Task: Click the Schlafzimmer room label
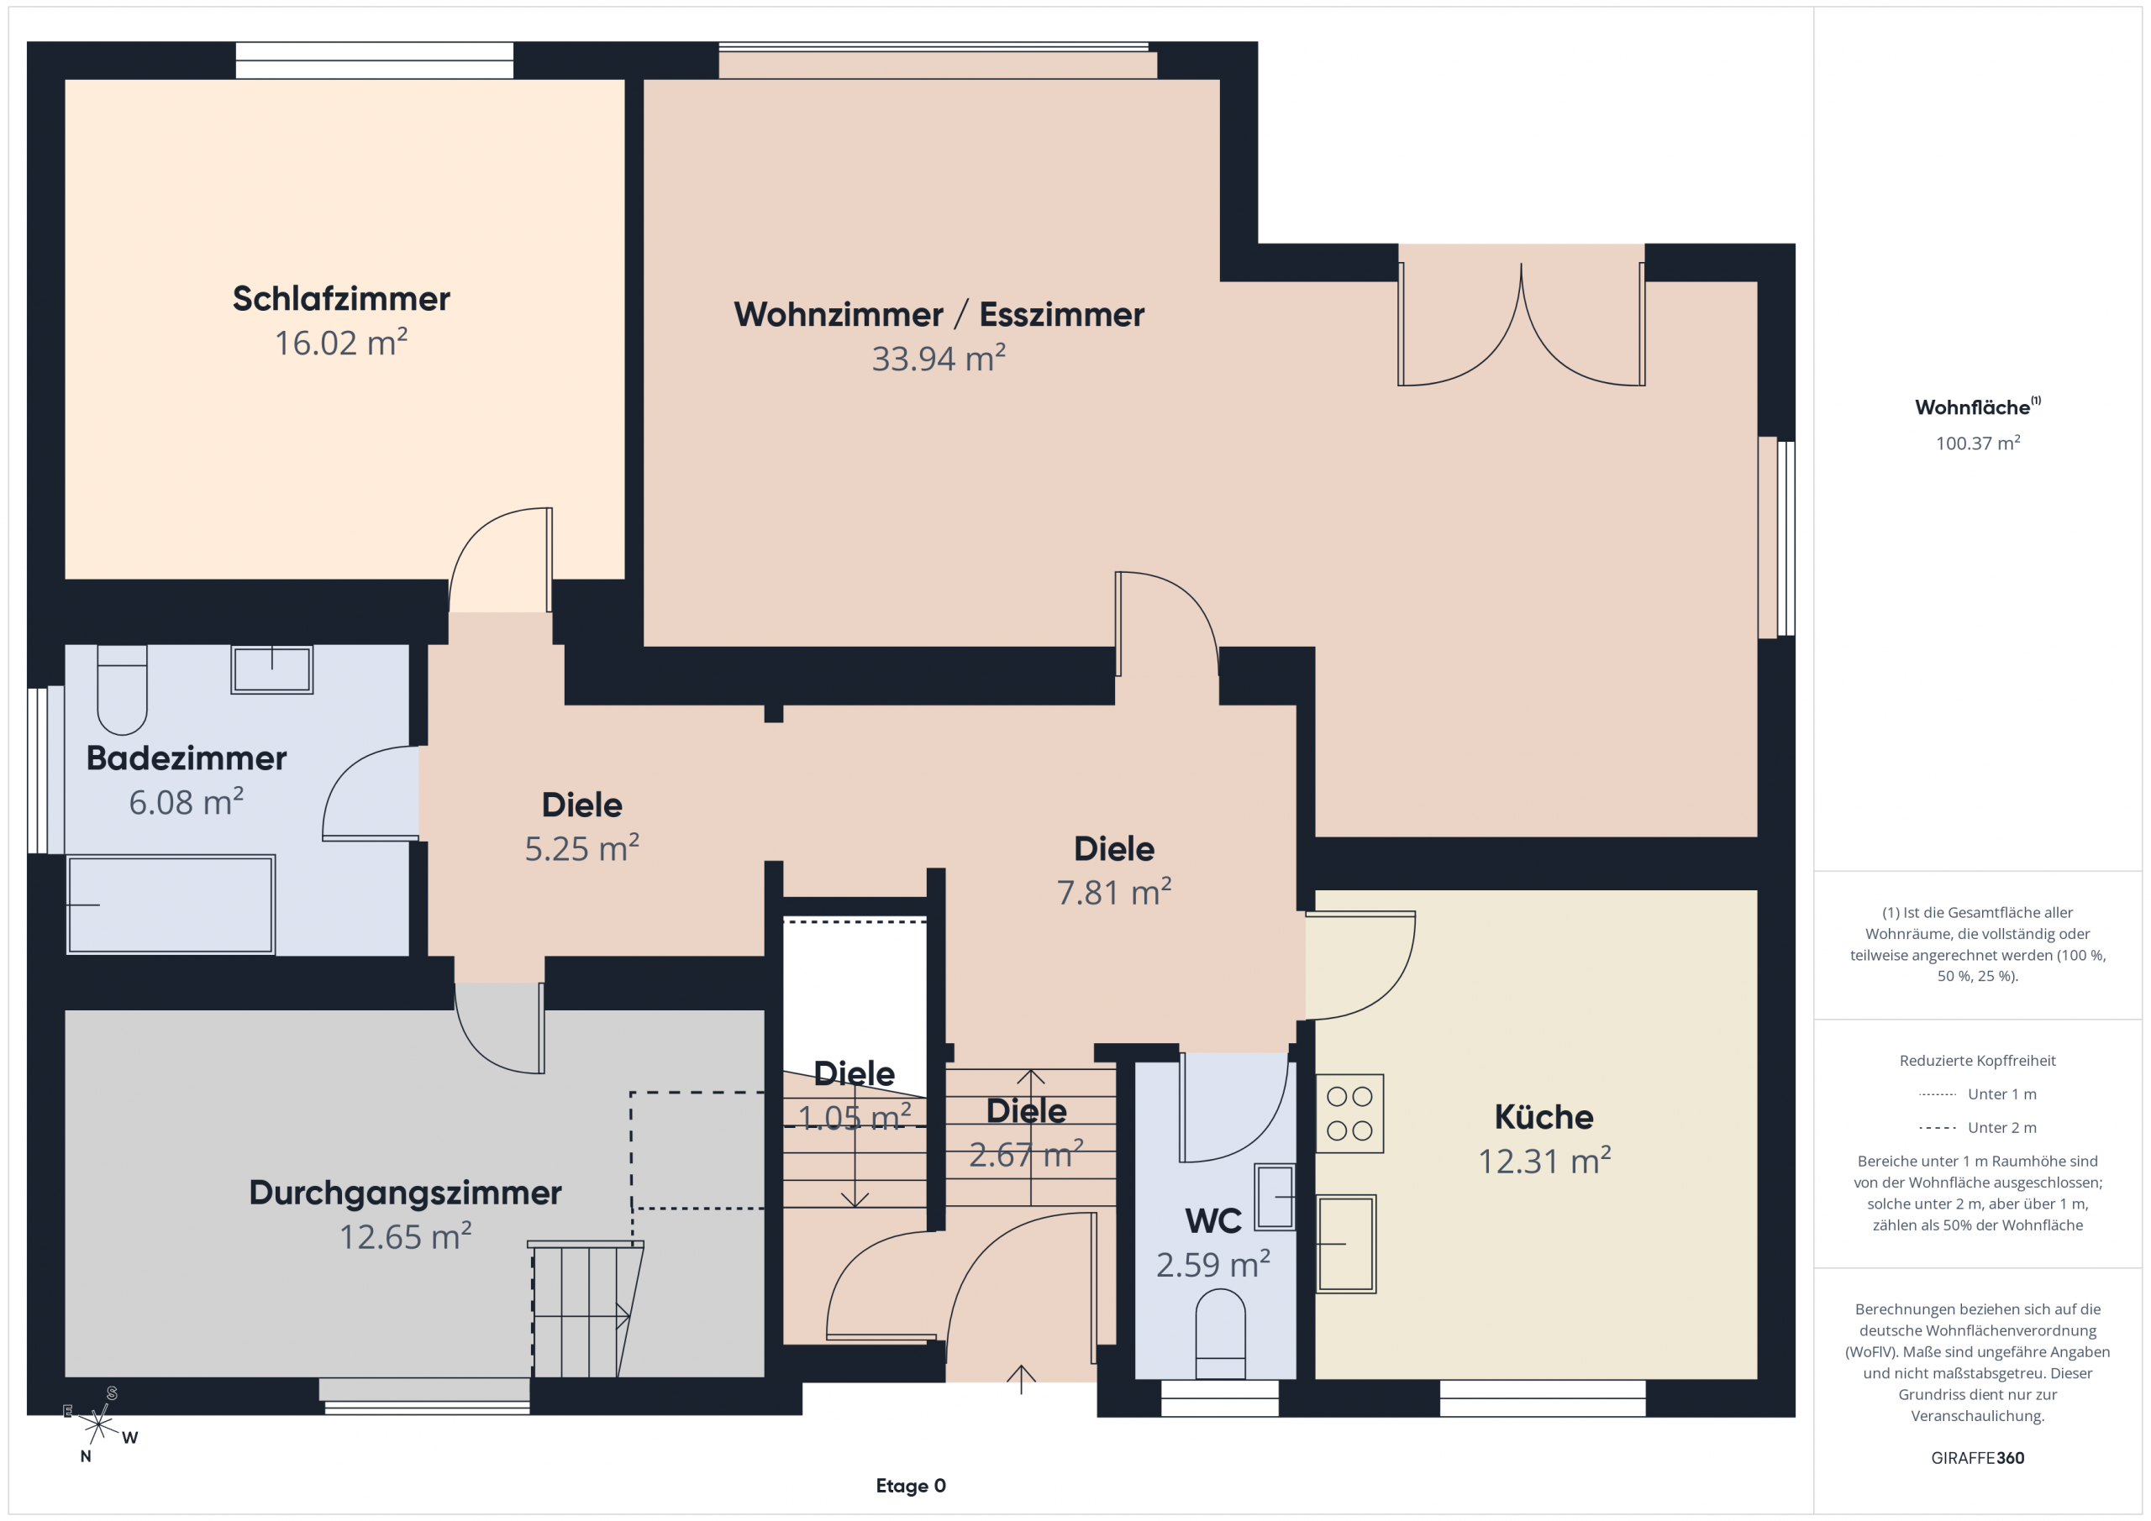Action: pos(341,299)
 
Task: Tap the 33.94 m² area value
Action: pos(939,358)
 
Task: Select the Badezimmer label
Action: pos(187,758)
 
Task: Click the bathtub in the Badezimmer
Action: pos(171,905)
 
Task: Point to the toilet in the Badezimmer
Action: pos(122,690)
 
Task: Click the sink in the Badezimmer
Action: pos(271,669)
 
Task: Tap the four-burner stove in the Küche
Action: pos(1350,1113)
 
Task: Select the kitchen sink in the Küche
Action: pos(1346,1244)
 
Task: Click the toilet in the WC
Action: pos(1221,1334)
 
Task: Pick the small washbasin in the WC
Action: pos(1275,1196)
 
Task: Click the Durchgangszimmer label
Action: pos(406,1193)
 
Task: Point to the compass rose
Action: pos(98,1424)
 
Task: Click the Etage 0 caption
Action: pos(911,1486)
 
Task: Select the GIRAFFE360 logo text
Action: pos(1978,1457)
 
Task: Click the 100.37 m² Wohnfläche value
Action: pos(1978,443)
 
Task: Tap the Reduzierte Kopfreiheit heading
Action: pos(1978,1060)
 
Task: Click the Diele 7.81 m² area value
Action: pos(1114,892)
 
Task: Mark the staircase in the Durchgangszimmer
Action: pos(586,1309)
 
